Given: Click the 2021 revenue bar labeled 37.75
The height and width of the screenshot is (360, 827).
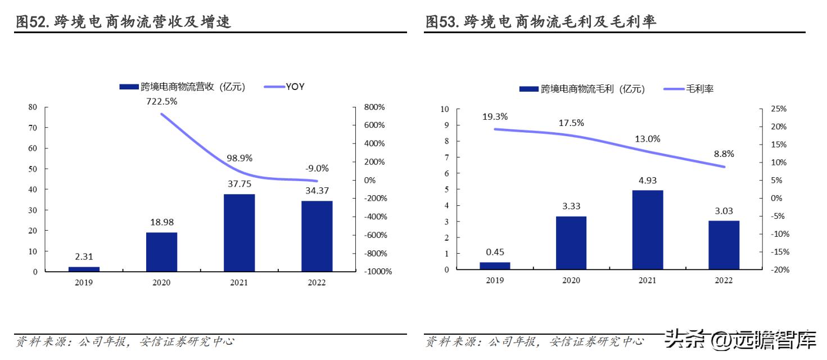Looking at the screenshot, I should [x=239, y=233].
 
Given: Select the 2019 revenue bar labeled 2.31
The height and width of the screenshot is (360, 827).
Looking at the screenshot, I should [x=84, y=269].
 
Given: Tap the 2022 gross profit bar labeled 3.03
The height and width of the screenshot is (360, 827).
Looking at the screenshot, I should [x=724, y=245].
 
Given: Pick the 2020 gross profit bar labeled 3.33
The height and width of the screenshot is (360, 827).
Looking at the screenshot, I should [x=571, y=243].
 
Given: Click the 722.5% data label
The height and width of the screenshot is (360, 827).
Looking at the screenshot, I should [x=161, y=102].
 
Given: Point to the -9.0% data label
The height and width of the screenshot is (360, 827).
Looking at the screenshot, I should [x=317, y=168].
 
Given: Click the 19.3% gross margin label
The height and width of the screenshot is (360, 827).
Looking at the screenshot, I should [x=495, y=117].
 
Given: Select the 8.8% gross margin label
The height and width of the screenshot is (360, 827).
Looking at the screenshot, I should [x=723, y=154].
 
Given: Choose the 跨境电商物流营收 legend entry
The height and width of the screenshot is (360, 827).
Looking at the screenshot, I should [x=182, y=87].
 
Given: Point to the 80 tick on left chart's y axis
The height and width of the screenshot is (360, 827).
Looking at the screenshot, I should [x=33, y=107].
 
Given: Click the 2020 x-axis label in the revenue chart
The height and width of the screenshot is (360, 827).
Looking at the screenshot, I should [x=161, y=283].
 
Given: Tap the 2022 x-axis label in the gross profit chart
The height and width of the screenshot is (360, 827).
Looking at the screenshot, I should [x=724, y=281].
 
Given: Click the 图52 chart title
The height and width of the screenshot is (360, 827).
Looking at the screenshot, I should [x=124, y=22].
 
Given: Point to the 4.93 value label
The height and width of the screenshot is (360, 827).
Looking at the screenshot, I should [x=647, y=181].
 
